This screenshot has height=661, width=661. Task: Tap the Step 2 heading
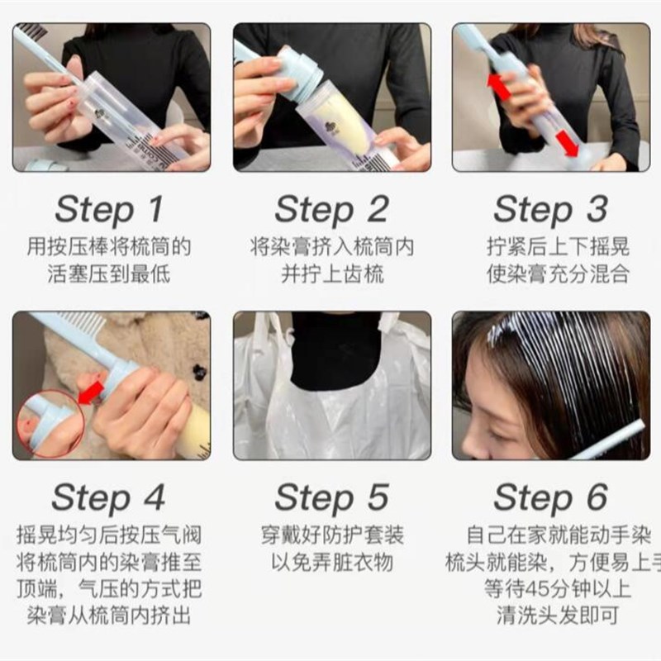[x=331, y=210]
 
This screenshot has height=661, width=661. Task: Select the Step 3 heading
[x=550, y=210]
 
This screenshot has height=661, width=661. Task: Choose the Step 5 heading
[x=331, y=498]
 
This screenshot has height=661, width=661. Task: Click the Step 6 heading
[x=550, y=498]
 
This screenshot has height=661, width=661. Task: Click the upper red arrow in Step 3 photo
[x=497, y=86]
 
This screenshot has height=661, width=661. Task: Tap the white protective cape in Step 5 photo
[x=273, y=413]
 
